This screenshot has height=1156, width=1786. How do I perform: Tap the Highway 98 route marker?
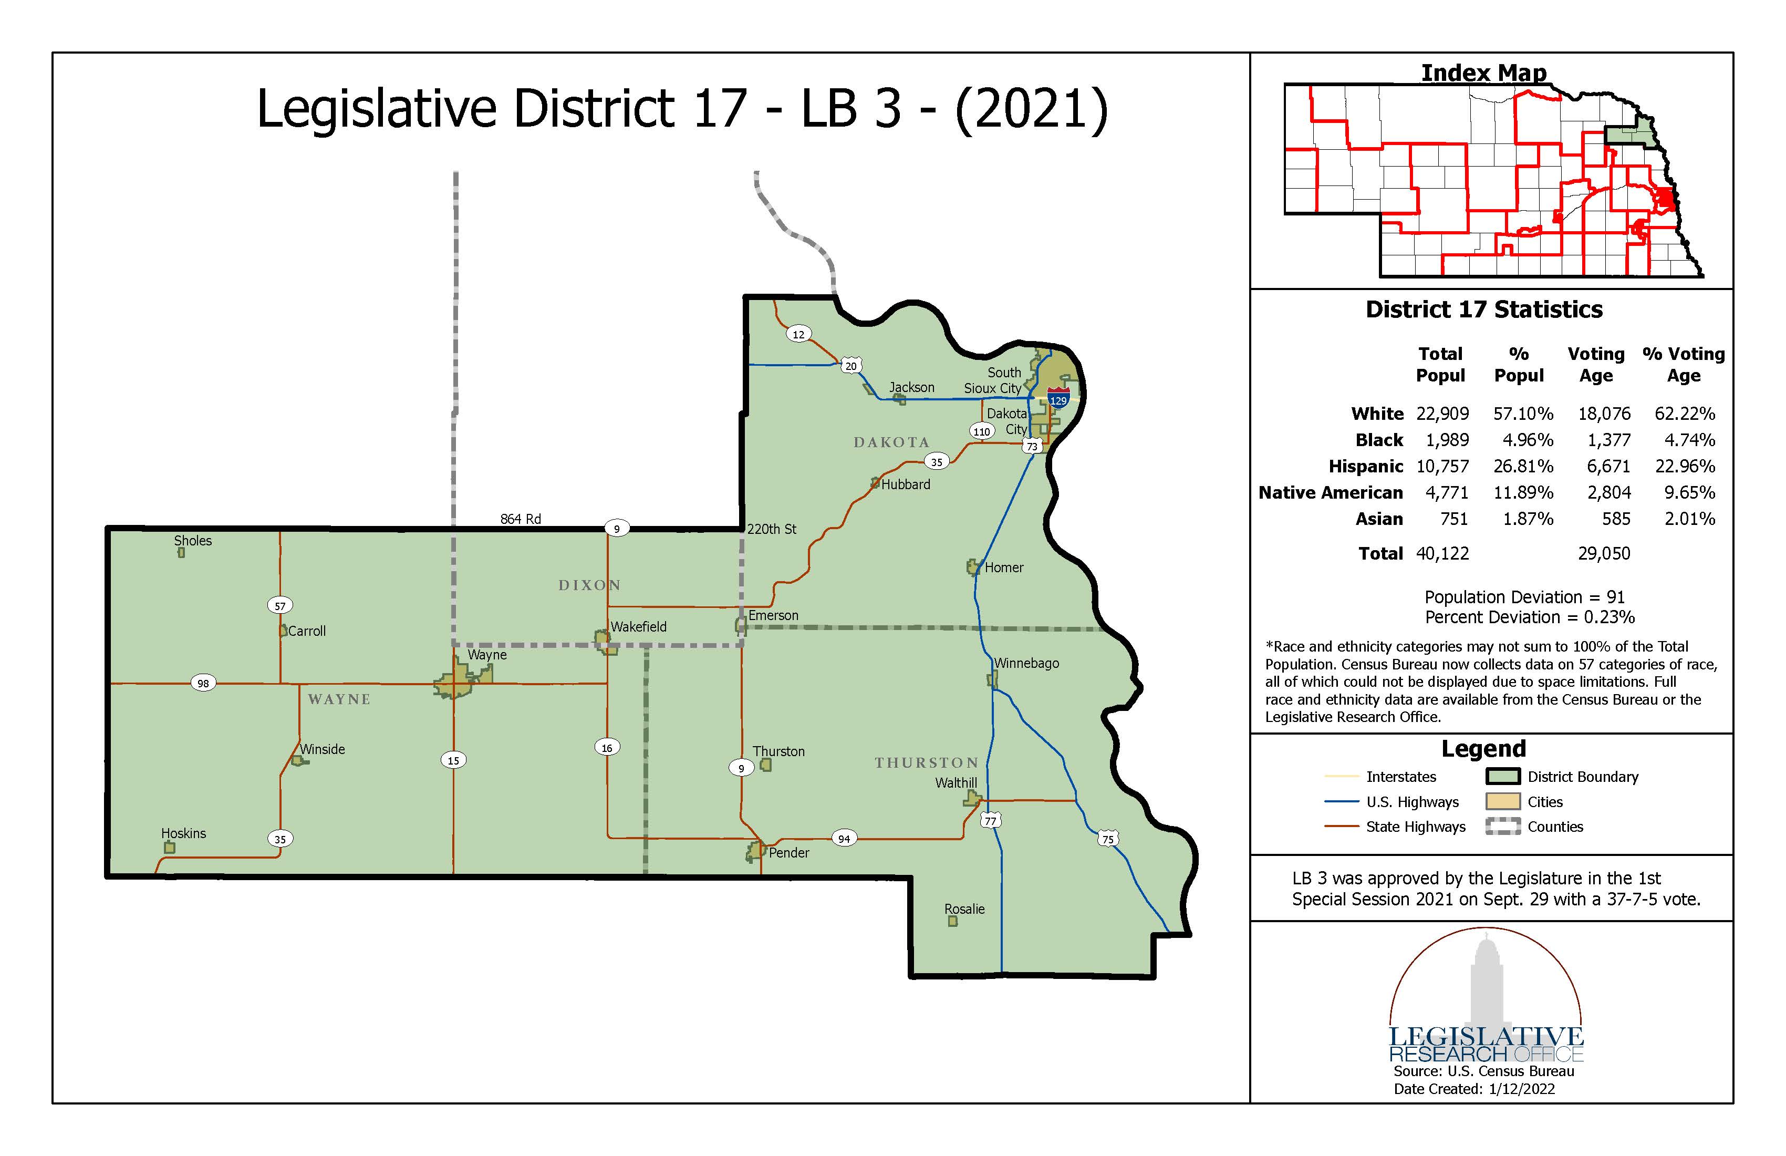pos(203,683)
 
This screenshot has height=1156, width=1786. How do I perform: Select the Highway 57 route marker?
pos(280,606)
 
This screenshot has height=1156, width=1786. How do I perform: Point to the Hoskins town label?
pos(183,833)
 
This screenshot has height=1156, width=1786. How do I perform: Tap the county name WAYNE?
pos(339,699)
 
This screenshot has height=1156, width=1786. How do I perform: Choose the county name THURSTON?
pos(926,762)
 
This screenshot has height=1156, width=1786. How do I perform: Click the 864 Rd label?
pos(521,519)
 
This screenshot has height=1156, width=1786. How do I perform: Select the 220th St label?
pos(772,529)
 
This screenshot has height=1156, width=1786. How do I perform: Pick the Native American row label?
pos(1331,492)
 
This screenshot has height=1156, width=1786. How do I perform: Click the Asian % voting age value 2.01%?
pos(1689,519)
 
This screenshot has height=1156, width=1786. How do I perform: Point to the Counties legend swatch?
pos(1502,827)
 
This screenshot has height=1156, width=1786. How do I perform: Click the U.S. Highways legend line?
pos(1343,802)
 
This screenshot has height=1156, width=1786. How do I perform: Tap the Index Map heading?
pos(1483,73)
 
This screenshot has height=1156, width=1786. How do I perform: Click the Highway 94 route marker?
pos(844,839)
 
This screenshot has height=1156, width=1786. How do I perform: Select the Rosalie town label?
pos(964,909)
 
